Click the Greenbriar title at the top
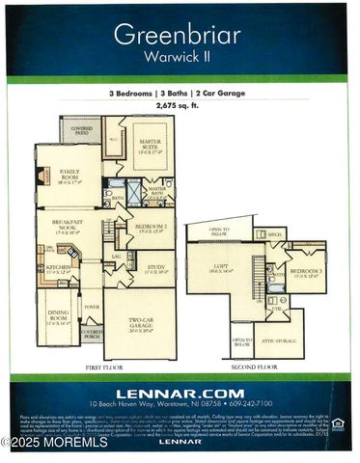click(x=179, y=35)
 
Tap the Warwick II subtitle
click(x=179, y=57)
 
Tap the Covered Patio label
click(x=81, y=130)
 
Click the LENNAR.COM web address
click(x=179, y=393)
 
